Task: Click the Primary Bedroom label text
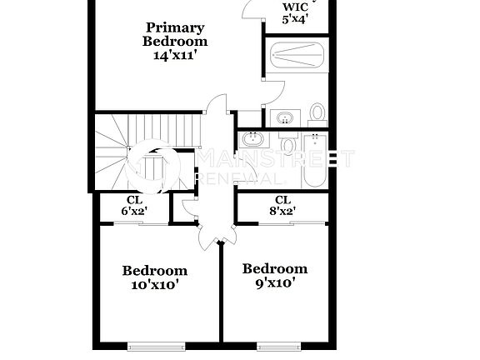[175, 33]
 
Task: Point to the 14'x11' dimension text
[175, 55]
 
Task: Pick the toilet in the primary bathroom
[317, 112]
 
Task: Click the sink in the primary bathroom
[285, 117]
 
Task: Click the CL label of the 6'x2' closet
[133, 200]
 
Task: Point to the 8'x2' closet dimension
[282, 212]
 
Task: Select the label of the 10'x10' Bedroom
[155, 271]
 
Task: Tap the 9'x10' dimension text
[274, 282]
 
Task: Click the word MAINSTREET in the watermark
[275, 158]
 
